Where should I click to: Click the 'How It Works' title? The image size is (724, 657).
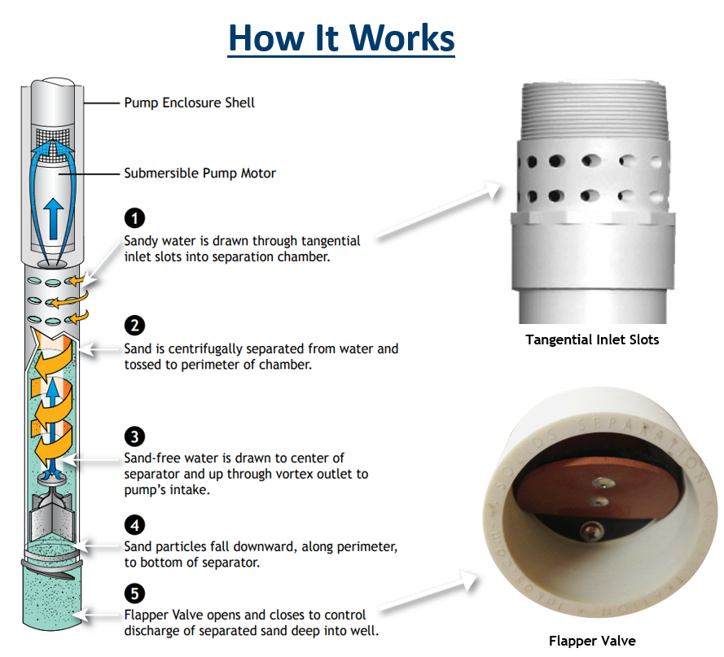coord(340,37)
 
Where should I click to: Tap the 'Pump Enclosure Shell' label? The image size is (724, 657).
coord(189,103)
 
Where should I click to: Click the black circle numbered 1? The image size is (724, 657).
coord(134,218)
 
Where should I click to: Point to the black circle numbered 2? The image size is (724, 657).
coord(134,326)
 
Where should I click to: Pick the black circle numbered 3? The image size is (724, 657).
coord(134,436)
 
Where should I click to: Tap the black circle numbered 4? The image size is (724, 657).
coord(134,524)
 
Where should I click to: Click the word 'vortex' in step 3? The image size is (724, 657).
coord(291,474)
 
